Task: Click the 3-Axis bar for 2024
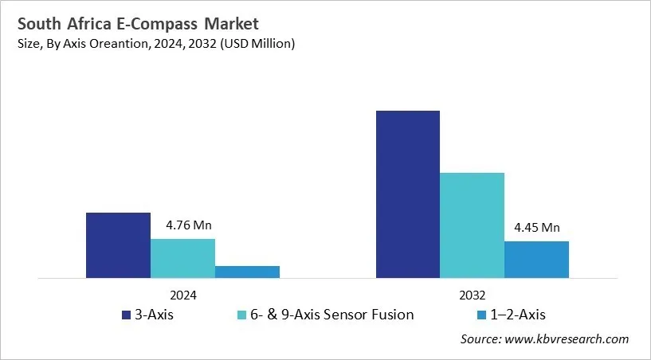pos(118,245)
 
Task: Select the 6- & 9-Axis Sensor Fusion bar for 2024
pos(182,258)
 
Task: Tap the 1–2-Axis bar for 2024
pos(247,272)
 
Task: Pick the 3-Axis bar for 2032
pos(407,194)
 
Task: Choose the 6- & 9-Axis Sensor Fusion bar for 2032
pos(472,225)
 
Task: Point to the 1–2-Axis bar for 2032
pos(536,260)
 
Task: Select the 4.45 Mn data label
pos(536,227)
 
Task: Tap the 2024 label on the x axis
pos(182,294)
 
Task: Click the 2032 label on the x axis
pos(472,294)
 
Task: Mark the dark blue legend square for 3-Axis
pos(126,315)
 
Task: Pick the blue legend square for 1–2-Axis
pos(481,315)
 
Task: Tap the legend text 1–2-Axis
pos(520,315)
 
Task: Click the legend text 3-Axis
pos(155,315)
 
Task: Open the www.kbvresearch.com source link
pos(567,339)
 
